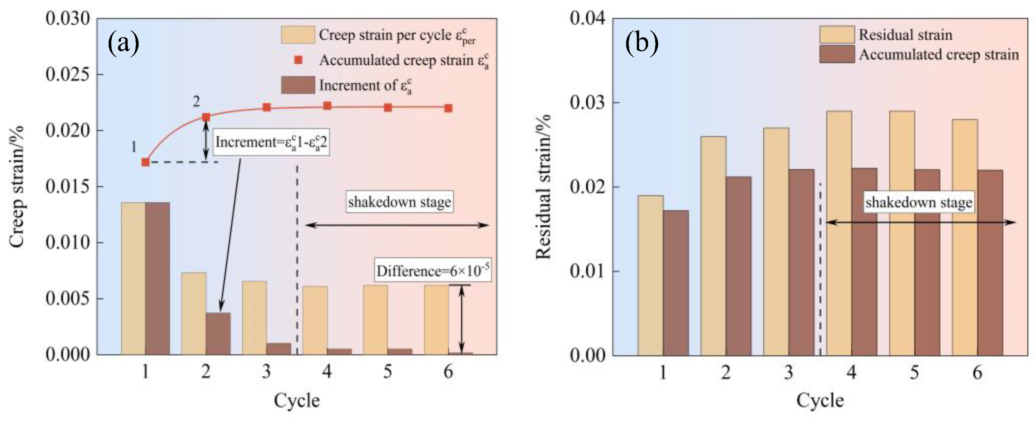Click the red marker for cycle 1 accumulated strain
click(145, 162)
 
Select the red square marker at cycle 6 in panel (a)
click(449, 108)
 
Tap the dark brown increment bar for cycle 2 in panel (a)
click(218, 333)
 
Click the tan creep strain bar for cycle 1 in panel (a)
click(133, 278)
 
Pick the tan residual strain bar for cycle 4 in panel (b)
click(839, 233)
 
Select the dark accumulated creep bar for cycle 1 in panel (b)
click(676, 283)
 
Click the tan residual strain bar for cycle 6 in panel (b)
click(965, 237)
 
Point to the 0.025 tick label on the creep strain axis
click(68, 75)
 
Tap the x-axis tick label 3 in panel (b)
click(788, 373)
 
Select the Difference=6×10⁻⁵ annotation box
click(433, 271)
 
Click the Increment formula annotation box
click(271, 142)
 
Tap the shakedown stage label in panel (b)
click(918, 202)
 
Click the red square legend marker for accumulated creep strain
click(298, 60)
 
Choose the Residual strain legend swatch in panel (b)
click(837, 35)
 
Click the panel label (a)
click(123, 42)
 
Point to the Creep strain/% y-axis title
click(17, 187)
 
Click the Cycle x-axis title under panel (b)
click(820, 401)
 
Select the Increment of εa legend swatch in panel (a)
click(298, 85)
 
